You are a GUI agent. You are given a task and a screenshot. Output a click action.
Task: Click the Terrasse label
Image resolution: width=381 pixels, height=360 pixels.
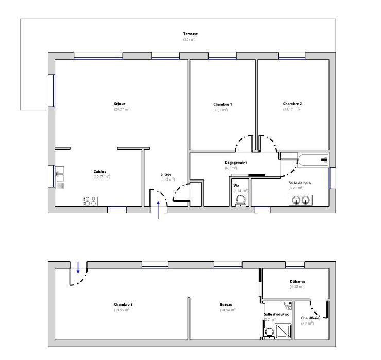tap(190, 34)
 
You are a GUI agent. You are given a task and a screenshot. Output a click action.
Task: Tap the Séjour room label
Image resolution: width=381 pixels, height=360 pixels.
tap(119, 104)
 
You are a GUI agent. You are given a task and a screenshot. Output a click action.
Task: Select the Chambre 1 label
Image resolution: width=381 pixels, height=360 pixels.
tap(222, 104)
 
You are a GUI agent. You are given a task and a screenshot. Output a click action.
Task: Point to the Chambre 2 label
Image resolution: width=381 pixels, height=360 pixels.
tap(292, 104)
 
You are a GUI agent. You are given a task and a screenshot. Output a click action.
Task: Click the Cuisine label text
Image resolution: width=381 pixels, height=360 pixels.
tap(100, 171)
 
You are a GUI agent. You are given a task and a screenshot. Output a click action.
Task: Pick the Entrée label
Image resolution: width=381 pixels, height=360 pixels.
tap(166, 174)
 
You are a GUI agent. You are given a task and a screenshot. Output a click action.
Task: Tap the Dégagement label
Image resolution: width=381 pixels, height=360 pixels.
tap(236, 163)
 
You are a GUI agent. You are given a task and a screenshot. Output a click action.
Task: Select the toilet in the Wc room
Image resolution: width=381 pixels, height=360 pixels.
tap(240, 200)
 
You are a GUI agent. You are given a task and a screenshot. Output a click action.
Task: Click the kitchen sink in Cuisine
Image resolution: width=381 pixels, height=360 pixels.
tap(60, 178)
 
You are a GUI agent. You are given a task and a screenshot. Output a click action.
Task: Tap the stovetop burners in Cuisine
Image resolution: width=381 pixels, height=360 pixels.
tap(90, 201)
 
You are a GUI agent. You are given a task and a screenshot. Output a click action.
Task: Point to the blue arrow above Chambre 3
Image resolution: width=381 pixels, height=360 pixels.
tap(78, 267)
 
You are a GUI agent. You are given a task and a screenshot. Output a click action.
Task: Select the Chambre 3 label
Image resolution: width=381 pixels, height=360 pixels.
tap(124, 304)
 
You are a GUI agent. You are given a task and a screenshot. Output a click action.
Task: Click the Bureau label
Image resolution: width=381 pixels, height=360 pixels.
tap(227, 304)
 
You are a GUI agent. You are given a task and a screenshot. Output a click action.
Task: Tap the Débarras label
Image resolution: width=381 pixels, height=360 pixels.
tap(298, 281)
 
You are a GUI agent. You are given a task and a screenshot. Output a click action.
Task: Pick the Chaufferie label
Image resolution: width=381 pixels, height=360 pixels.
tap(310, 318)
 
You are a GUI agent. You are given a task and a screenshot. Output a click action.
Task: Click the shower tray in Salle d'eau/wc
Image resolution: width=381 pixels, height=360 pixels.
tap(284, 331)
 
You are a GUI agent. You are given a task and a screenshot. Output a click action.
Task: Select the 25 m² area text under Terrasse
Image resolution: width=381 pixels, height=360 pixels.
tap(189, 40)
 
